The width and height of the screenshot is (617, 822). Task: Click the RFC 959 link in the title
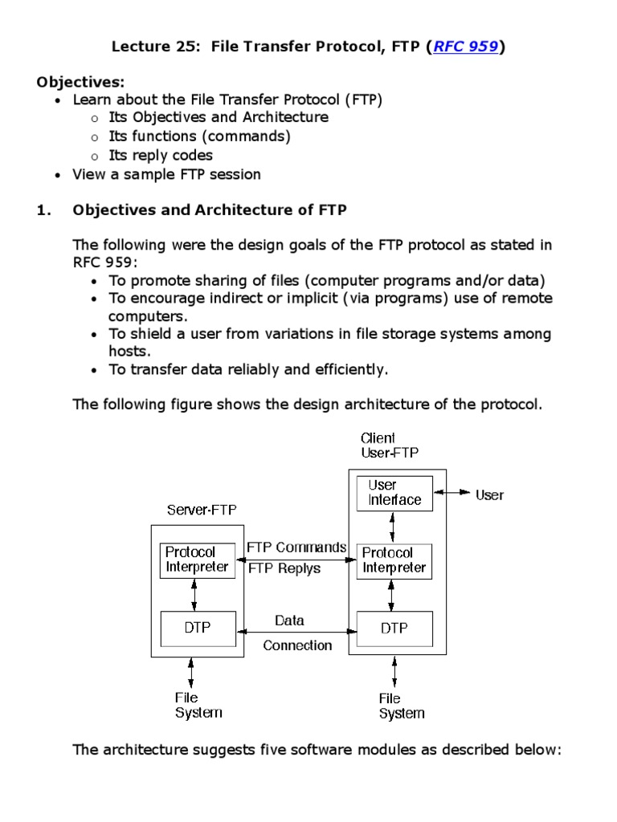(467, 47)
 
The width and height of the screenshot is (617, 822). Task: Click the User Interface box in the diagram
(394, 492)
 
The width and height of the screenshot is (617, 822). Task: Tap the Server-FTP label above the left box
(202, 510)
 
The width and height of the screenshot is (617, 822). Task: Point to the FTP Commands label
(296, 547)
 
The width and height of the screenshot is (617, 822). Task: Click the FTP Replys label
(284, 568)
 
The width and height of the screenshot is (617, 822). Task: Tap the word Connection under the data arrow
(297, 645)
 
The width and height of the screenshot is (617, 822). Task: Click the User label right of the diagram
(489, 494)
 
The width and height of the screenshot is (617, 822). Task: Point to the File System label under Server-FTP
(198, 705)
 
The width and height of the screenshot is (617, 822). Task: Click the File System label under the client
(401, 706)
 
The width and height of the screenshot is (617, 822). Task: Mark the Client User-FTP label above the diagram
(390, 446)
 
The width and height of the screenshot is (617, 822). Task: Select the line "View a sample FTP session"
(166, 174)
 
